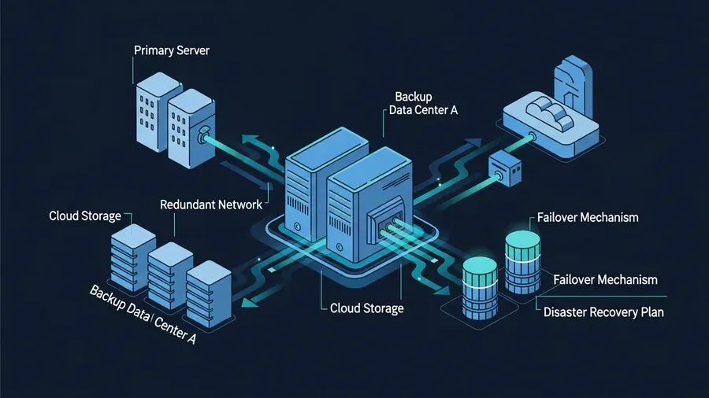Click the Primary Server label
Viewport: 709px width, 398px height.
172,51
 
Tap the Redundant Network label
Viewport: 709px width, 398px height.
211,205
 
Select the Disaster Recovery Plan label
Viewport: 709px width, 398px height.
603,312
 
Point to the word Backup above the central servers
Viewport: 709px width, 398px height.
414,96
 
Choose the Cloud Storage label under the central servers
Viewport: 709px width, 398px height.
366,308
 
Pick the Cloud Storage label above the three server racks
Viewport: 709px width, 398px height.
85,216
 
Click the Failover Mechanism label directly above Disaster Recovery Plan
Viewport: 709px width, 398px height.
605,279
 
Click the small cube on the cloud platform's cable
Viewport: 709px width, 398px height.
502,167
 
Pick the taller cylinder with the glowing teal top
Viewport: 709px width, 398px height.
521,260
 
